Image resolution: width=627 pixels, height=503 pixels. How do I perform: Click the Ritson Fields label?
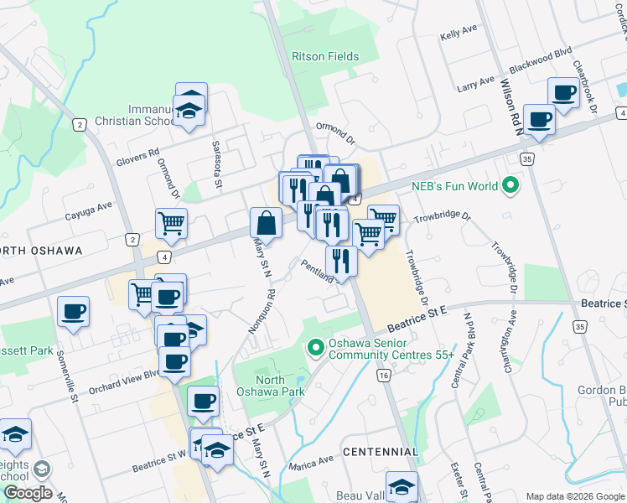325,57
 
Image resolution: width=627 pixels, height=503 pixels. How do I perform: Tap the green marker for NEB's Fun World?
508,186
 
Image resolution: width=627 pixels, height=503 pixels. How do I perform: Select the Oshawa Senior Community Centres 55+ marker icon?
316,345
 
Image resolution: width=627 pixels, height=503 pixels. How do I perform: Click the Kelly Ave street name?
458,36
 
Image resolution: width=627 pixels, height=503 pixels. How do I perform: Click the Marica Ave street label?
313,464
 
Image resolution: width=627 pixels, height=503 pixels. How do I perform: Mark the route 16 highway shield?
383,378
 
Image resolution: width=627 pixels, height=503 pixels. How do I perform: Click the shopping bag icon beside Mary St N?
266,223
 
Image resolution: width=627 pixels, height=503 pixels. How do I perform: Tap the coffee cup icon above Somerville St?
73,312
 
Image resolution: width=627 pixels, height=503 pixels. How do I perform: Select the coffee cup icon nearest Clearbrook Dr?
563,92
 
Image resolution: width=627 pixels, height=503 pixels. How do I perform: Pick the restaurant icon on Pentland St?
341,260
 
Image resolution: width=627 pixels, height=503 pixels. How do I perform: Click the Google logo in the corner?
27,493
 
